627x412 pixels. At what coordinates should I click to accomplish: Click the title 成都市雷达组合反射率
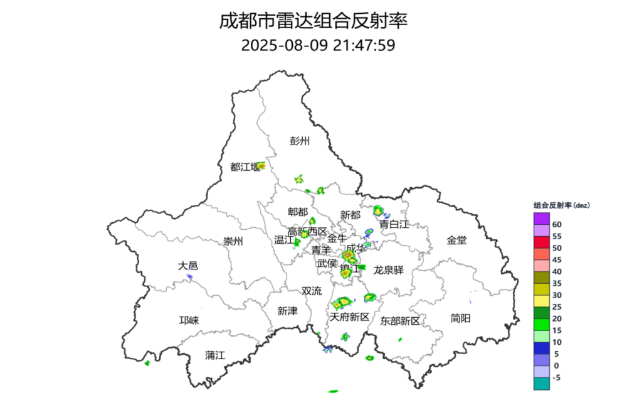(313, 21)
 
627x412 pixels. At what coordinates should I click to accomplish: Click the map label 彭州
(300, 141)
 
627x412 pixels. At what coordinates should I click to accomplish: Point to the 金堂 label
(456, 240)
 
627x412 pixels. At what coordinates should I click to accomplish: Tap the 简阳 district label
(460, 318)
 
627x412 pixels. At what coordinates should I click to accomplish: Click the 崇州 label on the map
(233, 242)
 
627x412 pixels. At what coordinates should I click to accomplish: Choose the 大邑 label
(188, 266)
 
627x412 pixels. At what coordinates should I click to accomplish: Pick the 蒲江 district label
(215, 355)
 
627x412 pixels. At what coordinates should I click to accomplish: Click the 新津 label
(287, 312)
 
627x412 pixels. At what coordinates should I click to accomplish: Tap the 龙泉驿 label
(389, 270)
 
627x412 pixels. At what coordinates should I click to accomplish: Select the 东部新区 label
(400, 321)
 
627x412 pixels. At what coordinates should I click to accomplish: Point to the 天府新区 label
(350, 317)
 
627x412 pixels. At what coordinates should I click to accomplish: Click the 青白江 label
(394, 224)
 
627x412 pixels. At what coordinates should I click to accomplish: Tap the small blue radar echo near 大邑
(189, 276)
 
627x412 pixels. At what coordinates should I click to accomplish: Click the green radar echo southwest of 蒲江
(147, 363)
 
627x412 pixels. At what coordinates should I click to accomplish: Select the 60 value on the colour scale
(557, 224)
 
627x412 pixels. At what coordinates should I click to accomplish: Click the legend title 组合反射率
(562, 205)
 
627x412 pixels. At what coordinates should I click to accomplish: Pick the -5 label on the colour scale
(557, 377)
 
